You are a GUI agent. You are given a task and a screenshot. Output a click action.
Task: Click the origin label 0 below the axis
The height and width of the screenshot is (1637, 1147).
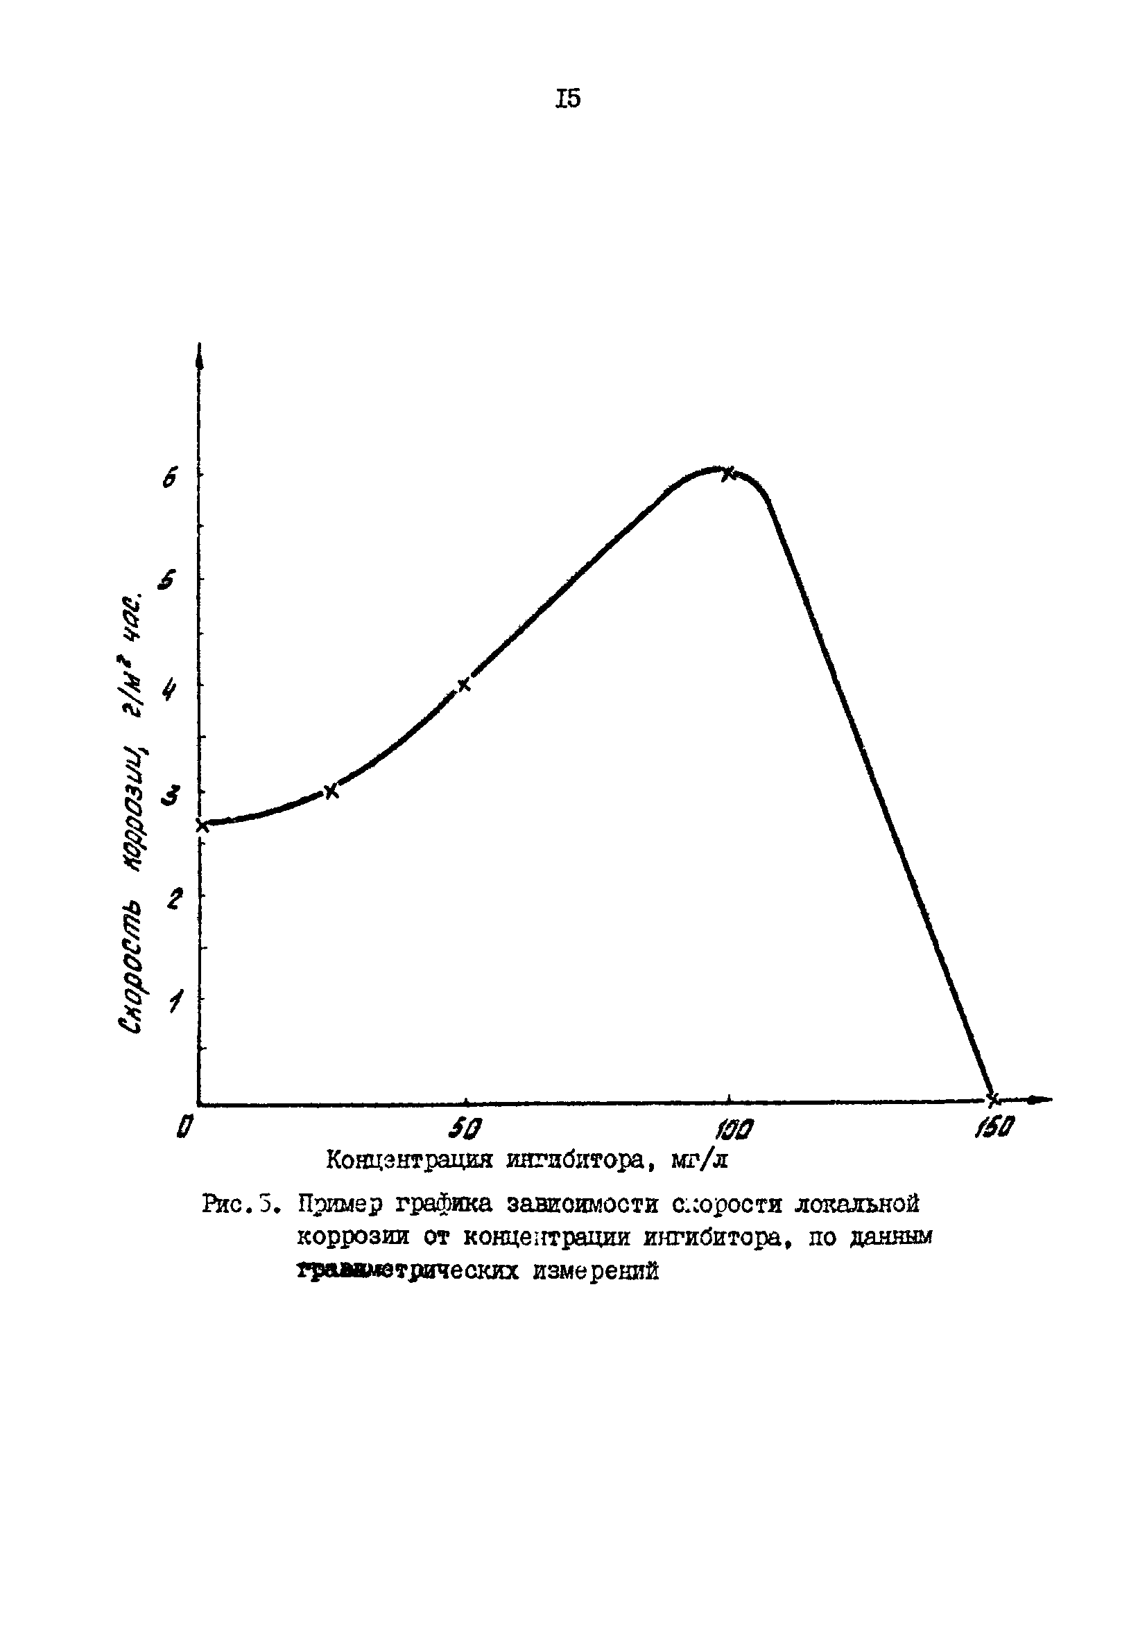(184, 1126)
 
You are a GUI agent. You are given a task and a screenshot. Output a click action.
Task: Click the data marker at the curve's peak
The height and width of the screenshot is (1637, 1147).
(727, 473)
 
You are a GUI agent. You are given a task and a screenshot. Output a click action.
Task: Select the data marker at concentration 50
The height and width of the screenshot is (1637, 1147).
(464, 685)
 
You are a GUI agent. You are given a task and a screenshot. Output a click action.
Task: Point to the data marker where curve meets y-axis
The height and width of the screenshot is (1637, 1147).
(202, 825)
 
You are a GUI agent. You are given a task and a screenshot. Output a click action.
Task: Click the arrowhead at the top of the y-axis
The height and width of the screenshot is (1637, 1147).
(199, 354)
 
